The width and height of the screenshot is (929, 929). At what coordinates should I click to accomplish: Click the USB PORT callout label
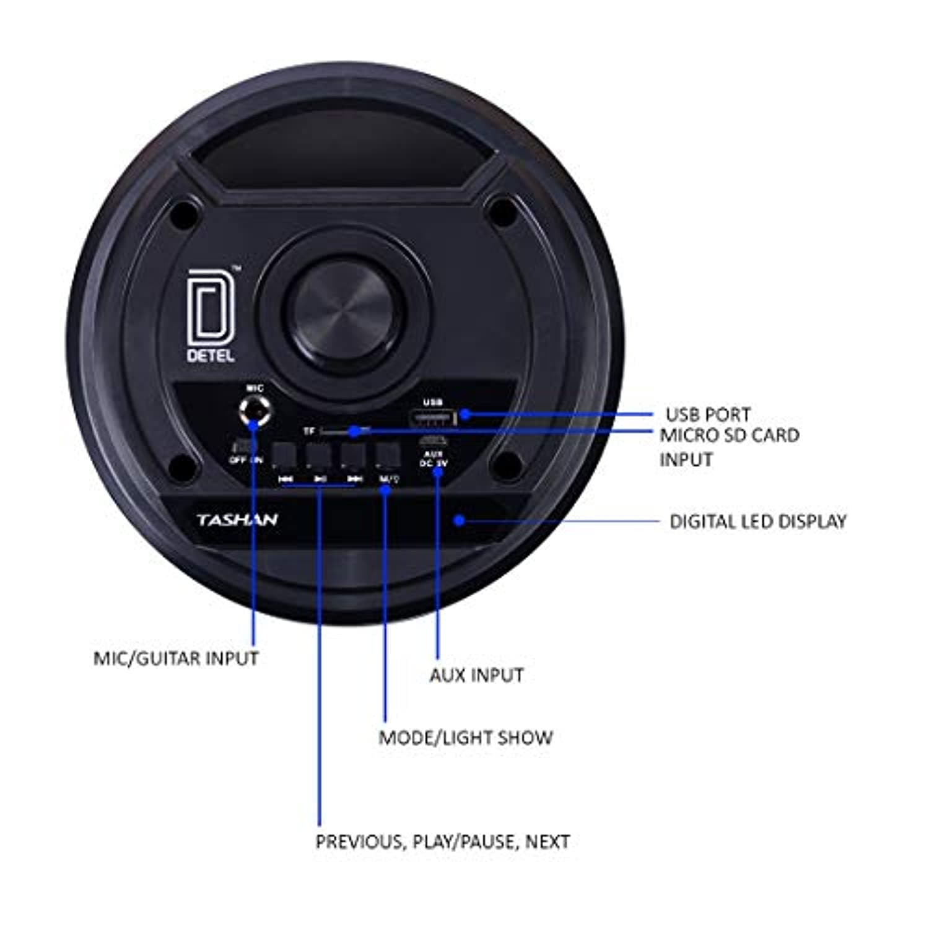pos(707,414)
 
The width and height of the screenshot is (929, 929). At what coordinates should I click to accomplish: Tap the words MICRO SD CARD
pos(729,435)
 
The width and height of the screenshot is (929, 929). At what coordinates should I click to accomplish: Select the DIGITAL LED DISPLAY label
pos(757,521)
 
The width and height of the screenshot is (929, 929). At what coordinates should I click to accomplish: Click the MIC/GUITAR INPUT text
pos(176,658)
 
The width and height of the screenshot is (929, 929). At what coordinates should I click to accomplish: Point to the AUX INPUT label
pos(476,674)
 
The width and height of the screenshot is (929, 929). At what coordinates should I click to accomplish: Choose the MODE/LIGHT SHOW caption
pos(465,737)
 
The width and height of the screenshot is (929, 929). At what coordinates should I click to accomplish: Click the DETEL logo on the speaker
pos(211,316)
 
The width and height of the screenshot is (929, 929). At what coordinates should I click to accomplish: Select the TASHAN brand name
pos(237,520)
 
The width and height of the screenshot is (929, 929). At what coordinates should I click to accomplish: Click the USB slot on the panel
pos(432,419)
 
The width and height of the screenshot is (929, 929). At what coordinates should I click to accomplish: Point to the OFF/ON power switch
pos(244,447)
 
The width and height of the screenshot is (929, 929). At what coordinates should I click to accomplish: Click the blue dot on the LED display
pos(459,520)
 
